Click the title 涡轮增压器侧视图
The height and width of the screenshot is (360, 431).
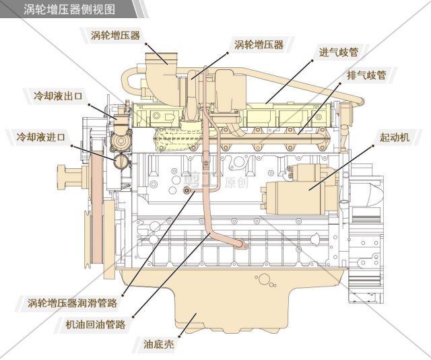click(69, 9)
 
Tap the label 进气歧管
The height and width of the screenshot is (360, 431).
click(339, 52)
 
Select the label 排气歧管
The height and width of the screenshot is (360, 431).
click(366, 75)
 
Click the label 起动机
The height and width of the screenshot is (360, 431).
click(395, 137)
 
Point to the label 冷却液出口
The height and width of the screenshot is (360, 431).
click(58, 96)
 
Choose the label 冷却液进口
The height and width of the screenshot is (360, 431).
click(40, 137)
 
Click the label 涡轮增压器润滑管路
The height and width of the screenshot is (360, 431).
click(72, 303)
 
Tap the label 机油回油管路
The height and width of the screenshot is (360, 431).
click(96, 324)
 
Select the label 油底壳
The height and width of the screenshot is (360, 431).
click(159, 344)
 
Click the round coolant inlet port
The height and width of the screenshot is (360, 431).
click(121, 161)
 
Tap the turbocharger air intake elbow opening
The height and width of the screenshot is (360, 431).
click(162, 57)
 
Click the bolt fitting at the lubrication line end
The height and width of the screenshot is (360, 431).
click(187, 190)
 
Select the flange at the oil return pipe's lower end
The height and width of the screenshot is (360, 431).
click(241, 244)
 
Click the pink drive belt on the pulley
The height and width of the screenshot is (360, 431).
click(97, 209)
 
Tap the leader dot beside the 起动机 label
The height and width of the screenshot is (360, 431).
click(374, 145)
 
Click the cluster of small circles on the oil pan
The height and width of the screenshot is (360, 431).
click(265, 281)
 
